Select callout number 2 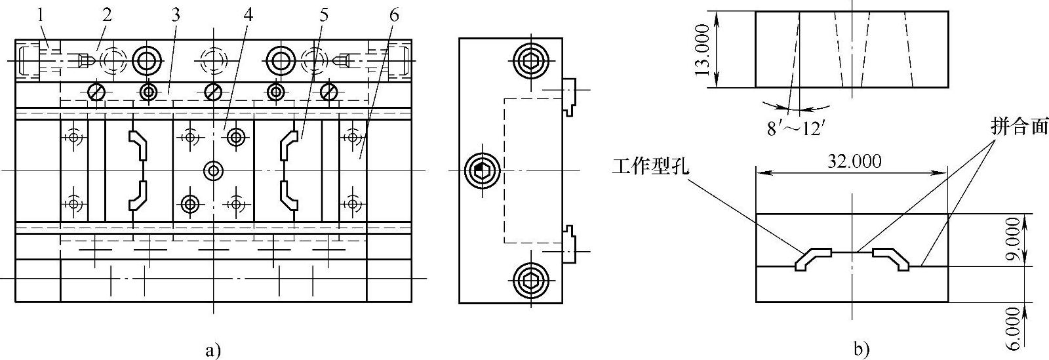pyautogui.click(x=107, y=15)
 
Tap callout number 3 pyautogui.click(x=175, y=15)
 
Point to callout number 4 pyautogui.click(x=248, y=15)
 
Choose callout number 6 pyautogui.click(x=393, y=15)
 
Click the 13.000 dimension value pyautogui.click(x=702, y=49)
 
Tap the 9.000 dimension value pyautogui.click(x=1012, y=240)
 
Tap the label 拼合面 pyautogui.click(x=1019, y=128)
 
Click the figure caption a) pyautogui.click(x=212, y=350)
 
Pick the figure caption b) pyautogui.click(x=861, y=350)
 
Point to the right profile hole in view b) pyautogui.click(x=892, y=258)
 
